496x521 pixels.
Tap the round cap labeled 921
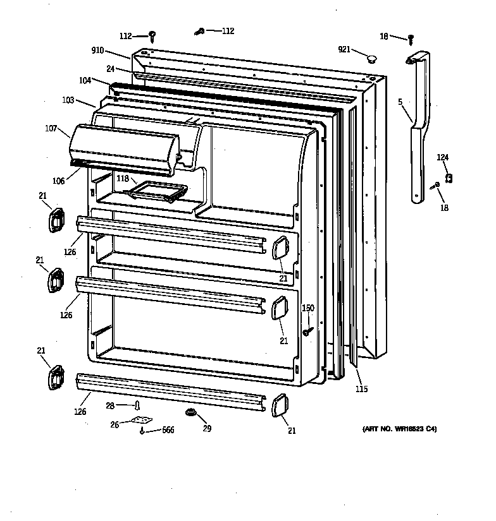pyautogui.click(x=371, y=59)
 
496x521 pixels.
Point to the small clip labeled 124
pyautogui.click(x=449, y=179)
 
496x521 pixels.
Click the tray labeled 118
pyautogui.click(x=158, y=190)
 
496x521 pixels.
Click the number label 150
pyautogui.click(x=307, y=308)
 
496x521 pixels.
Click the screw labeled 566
pyautogui.click(x=143, y=431)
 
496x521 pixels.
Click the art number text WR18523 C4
pyautogui.click(x=399, y=429)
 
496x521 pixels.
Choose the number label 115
pyautogui.click(x=361, y=389)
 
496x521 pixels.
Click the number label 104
pyautogui.click(x=85, y=81)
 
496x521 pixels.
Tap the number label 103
pyautogui.click(x=68, y=100)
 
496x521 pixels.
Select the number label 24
pyautogui.click(x=110, y=68)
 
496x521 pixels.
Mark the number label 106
pyautogui.click(x=58, y=181)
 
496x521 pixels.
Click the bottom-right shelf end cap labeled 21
pyautogui.click(x=278, y=406)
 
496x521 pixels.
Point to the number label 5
pyautogui.click(x=400, y=100)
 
